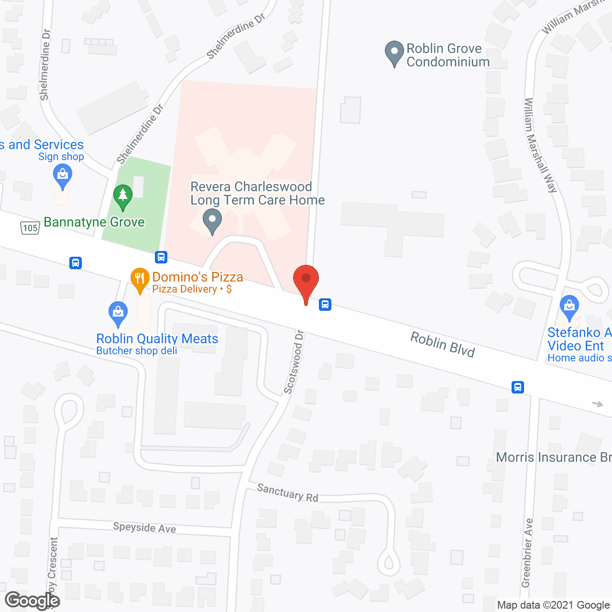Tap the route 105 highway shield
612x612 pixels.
[30, 228]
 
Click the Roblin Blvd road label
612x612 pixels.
[443, 345]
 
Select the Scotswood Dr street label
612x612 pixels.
[294, 362]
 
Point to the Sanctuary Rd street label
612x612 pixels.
[287, 493]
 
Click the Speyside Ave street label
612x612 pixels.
[144, 528]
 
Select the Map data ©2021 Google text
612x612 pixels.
[553, 605]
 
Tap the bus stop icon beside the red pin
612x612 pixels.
[325, 304]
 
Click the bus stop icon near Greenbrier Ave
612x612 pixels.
[518, 387]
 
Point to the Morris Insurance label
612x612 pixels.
[554, 458]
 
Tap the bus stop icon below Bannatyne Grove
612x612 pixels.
[161, 257]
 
